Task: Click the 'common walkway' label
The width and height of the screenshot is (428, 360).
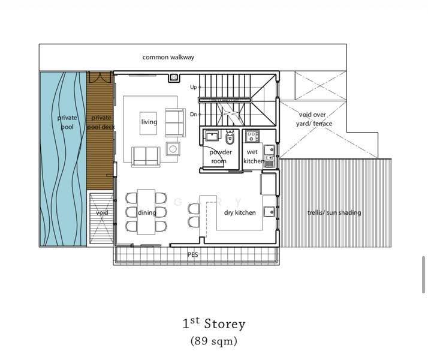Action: [x=168, y=58]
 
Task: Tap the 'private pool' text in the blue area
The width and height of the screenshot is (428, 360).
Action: [x=67, y=122]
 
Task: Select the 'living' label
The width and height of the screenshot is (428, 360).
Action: [x=149, y=122]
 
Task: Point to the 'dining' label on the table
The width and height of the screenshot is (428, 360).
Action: [x=147, y=212]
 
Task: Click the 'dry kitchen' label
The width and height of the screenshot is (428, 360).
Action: [x=240, y=212]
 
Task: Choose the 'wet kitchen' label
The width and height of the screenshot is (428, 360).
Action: [x=254, y=156]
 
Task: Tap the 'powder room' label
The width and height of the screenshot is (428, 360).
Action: [x=220, y=157]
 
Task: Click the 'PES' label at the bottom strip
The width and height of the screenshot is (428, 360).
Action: [x=192, y=254]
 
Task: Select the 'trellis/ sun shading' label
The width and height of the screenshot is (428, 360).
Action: [x=334, y=212]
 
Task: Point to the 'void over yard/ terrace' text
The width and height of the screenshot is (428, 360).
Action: [x=314, y=119]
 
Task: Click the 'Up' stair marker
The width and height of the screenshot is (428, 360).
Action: [x=193, y=87]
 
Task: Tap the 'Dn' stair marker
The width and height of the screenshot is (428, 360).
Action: [x=193, y=114]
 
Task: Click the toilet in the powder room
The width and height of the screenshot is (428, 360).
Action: [x=230, y=137]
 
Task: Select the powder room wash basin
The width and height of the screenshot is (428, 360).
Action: [x=212, y=136]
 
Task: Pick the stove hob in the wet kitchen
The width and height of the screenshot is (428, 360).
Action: [x=252, y=136]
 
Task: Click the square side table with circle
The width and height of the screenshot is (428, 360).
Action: [x=173, y=149]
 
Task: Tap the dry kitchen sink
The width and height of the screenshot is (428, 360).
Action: [x=269, y=212]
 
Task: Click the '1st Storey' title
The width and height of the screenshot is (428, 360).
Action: [x=214, y=323]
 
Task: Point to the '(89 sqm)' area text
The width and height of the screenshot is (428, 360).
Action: [x=214, y=341]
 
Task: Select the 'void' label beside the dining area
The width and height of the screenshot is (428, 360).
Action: [x=102, y=212]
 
